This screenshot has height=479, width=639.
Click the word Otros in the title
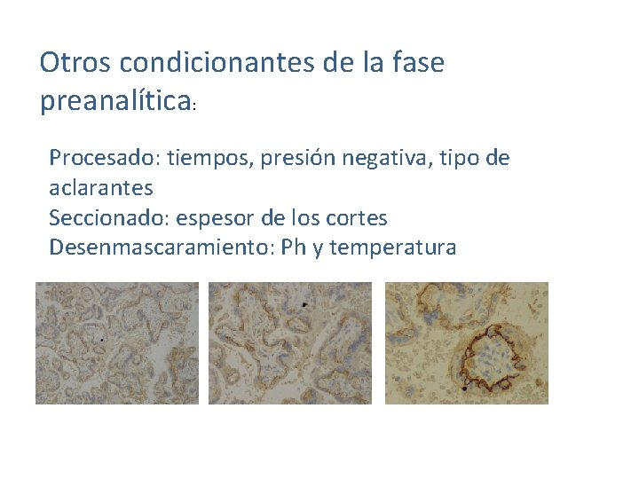(75, 63)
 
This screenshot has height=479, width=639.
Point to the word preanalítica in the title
(116, 102)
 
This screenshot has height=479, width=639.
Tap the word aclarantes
(101, 188)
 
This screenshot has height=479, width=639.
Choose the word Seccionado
(105, 217)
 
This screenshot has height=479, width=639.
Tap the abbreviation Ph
(292, 247)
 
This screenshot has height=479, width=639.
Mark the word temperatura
(392, 247)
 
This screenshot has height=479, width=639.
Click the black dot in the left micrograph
(102, 339)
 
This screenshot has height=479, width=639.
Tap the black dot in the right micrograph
(464, 389)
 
